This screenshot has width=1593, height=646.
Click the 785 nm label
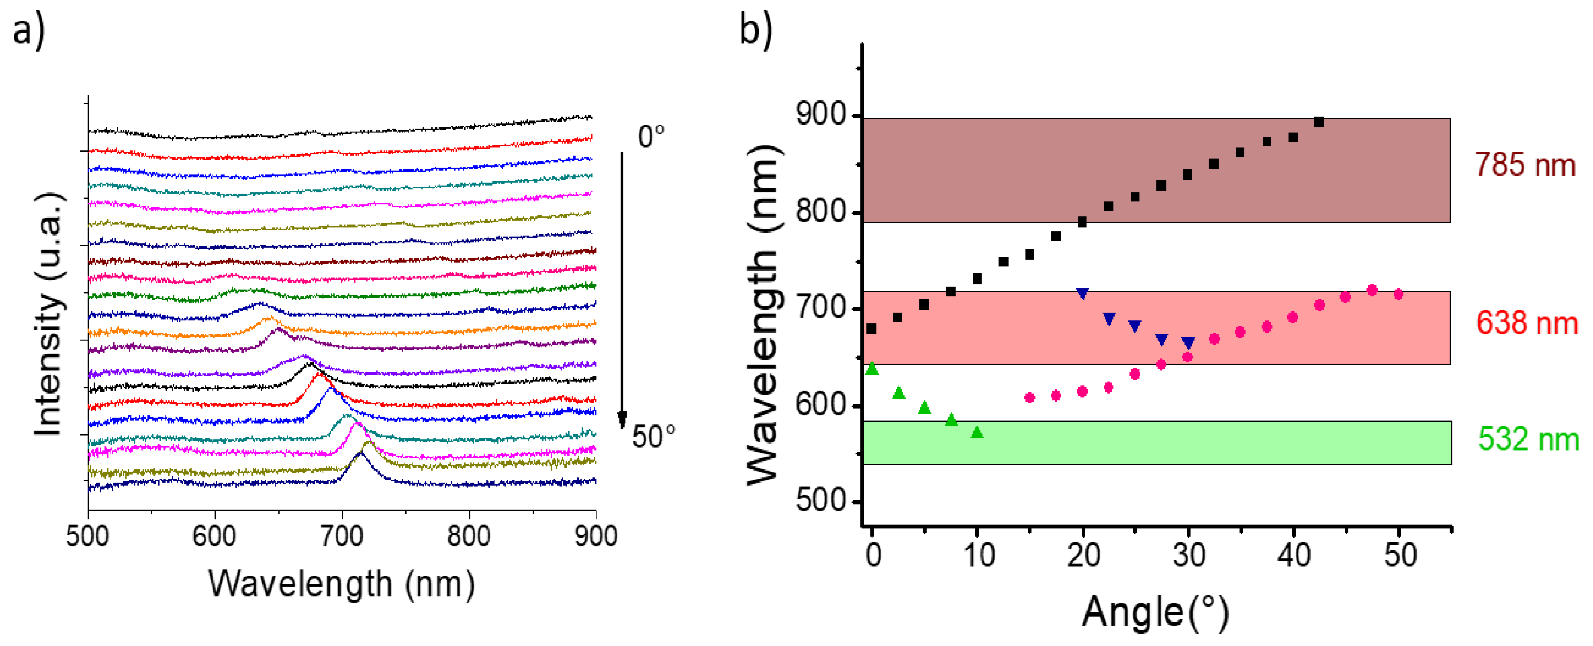[x=1524, y=165]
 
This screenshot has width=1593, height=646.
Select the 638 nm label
[x=1526, y=323]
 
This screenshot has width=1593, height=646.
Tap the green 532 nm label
[x=1527, y=439]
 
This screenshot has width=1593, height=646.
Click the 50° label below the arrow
[x=653, y=437]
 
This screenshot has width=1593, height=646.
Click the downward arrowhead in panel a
[x=623, y=421]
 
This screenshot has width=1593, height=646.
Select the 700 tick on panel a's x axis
[x=342, y=536]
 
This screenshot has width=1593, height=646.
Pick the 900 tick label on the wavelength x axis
[x=595, y=536]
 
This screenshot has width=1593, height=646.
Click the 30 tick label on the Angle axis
[x=1188, y=556]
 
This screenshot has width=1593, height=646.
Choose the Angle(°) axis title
[x=1154, y=612]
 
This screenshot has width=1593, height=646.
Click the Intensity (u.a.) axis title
[x=48, y=314]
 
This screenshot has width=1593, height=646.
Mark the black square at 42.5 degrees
[x=1318, y=122]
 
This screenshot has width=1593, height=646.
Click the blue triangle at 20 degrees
[x=1082, y=293]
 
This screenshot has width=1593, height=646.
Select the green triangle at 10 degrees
[x=977, y=432]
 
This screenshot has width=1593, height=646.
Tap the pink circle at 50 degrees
[x=1398, y=294]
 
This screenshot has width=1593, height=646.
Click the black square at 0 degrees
[x=872, y=328]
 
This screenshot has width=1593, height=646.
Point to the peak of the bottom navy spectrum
[x=361, y=453]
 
